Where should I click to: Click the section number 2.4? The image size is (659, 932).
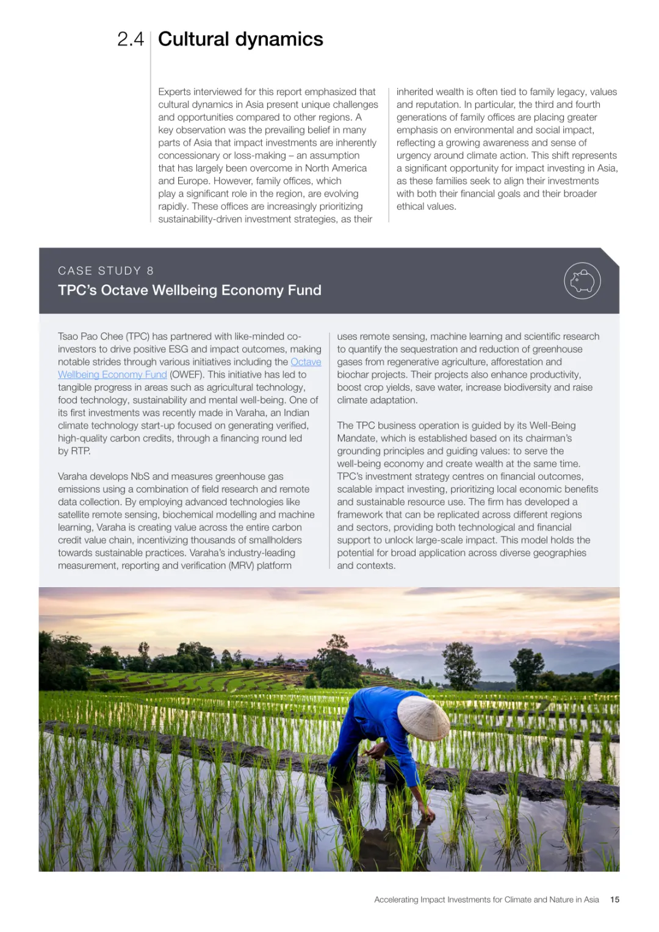click(x=130, y=40)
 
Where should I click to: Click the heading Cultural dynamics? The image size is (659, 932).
click(x=240, y=40)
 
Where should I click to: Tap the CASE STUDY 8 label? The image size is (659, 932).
click(x=106, y=271)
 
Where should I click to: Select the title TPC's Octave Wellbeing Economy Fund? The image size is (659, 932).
click(x=189, y=291)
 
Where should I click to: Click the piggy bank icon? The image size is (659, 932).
click(x=582, y=281)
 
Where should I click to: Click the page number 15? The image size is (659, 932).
click(x=614, y=900)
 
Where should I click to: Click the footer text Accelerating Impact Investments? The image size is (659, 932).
click(x=486, y=900)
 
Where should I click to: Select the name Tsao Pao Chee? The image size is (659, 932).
click(x=90, y=337)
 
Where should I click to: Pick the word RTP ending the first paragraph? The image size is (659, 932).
click(x=80, y=451)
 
